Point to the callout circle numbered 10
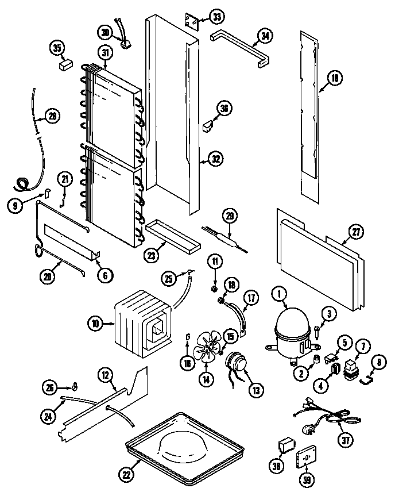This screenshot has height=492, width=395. click(95, 324)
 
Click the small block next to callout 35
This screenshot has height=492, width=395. click(64, 64)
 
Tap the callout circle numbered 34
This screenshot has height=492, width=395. click(264, 36)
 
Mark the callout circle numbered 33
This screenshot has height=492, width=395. click(216, 17)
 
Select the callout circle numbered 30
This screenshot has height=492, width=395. click(104, 32)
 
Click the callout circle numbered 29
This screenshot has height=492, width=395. click(229, 217)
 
